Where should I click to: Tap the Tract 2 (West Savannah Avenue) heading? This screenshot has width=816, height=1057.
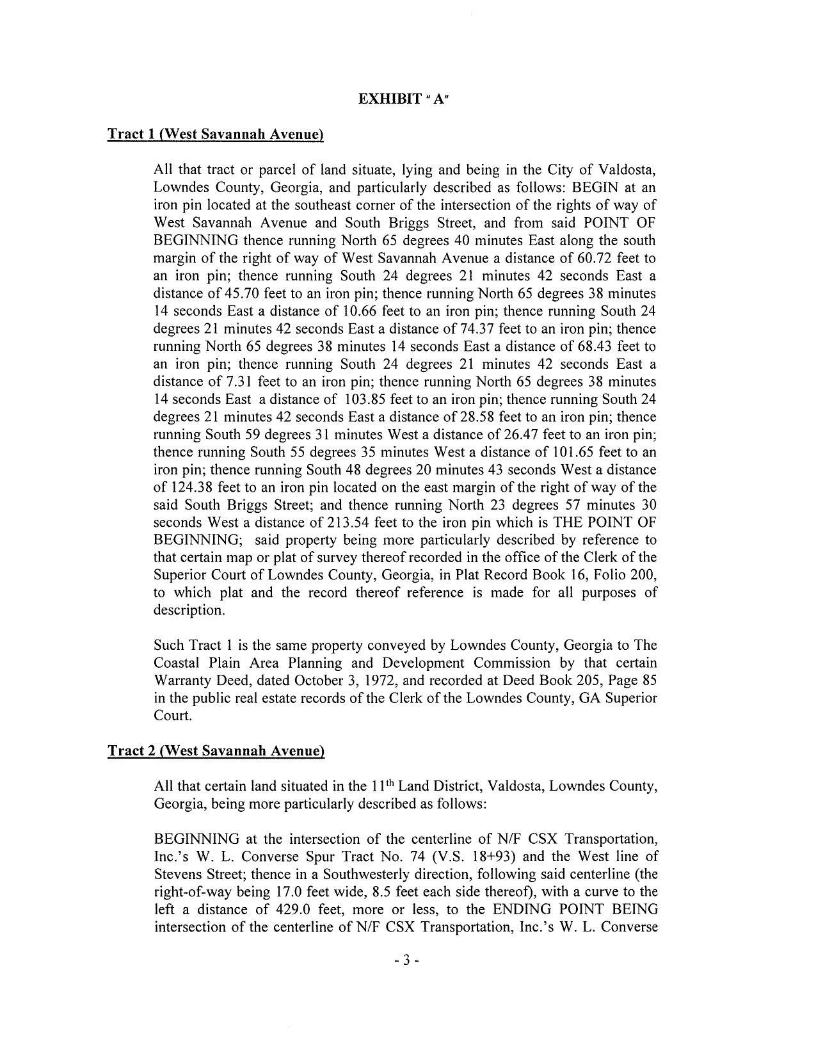(216, 751)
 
